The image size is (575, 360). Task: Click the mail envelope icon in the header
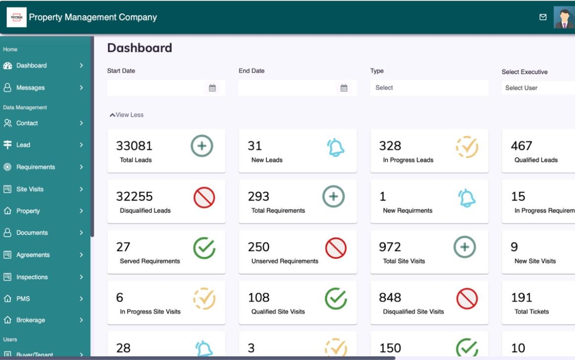tap(543, 17)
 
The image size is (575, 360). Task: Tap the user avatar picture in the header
tap(564, 17)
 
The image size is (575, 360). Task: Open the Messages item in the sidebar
tap(31, 88)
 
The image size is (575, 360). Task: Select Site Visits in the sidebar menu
tap(30, 189)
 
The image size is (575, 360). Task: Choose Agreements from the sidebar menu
tap(33, 255)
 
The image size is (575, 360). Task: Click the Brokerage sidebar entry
tap(31, 321)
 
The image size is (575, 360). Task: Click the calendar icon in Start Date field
tap(212, 88)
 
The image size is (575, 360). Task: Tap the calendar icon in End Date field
tap(344, 88)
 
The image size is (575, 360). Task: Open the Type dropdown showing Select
tap(428, 88)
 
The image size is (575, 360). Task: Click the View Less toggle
tap(127, 115)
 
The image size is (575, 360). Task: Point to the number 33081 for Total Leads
tap(134, 146)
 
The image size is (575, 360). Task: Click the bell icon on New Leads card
tap(335, 147)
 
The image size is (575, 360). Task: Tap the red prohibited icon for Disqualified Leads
tap(204, 197)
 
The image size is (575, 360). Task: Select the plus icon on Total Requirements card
tap(333, 197)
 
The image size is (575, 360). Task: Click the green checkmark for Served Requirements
tap(204, 248)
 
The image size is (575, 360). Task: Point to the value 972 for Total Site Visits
tap(390, 247)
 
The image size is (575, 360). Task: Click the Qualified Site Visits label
tap(278, 312)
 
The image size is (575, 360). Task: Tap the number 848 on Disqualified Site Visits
tap(390, 298)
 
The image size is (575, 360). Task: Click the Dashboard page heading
tap(140, 48)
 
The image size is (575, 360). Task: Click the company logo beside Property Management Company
tap(16, 17)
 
